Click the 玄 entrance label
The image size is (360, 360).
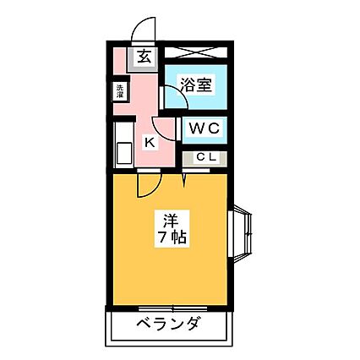coord(145,57)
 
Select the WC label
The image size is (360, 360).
coord(205,128)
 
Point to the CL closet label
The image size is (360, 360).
coord(206,157)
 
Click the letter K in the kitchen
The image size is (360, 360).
coord(150,142)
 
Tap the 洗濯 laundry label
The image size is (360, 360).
coord(120,90)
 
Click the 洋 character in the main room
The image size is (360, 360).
coord(171,221)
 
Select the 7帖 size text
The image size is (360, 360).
coord(171,237)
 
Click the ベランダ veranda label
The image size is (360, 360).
coord(169,324)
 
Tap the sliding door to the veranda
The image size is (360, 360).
coord(173,308)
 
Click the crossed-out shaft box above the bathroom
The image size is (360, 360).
coord(196,52)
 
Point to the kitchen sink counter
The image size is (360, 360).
coord(123,145)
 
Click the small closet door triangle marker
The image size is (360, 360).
coord(184,180)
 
